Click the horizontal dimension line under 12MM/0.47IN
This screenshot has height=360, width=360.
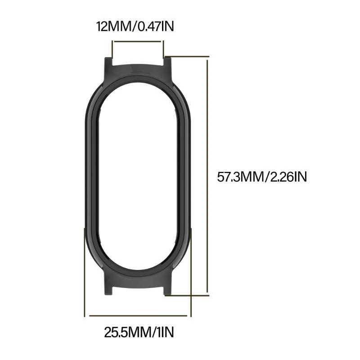(x=138, y=41)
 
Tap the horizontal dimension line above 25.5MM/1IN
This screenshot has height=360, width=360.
(x=138, y=315)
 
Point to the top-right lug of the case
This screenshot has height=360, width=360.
(x=167, y=63)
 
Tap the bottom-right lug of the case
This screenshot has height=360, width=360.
(x=167, y=289)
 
